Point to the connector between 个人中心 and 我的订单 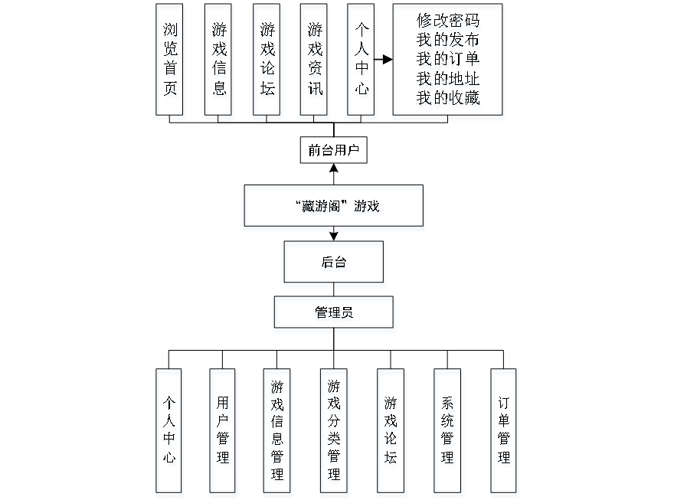[384, 59]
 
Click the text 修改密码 [449, 21]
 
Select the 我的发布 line [449, 41]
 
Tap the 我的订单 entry [449, 60]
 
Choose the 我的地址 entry [449, 79]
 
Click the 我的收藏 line [449, 99]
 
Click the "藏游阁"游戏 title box [334, 208]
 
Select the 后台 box [335, 265]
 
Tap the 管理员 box [335, 315]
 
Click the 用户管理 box [224, 433]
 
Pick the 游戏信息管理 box [278, 433]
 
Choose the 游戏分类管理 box [335, 433]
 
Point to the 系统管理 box [448, 433]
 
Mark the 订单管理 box [505, 433]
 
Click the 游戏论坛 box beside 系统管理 [391, 433]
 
